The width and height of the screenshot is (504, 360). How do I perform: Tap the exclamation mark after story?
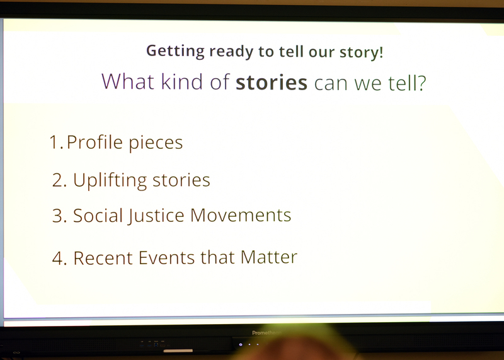[381, 52]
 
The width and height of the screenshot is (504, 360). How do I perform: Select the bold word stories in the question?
[272, 83]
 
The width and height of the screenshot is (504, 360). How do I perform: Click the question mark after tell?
[421, 83]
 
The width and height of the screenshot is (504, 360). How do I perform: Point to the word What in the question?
[128, 81]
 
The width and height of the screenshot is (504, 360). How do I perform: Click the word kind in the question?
[182, 81]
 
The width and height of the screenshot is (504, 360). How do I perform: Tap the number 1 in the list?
[55, 142]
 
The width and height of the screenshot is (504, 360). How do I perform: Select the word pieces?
[156, 144]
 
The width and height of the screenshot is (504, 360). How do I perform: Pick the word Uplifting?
[110, 180]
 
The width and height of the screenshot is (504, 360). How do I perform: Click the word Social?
[98, 215]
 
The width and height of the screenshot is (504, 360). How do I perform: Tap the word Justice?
[156, 216]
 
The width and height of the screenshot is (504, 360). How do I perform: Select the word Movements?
[241, 215]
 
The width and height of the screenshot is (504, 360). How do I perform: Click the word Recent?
[103, 258]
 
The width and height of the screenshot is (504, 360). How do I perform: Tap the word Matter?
[269, 257]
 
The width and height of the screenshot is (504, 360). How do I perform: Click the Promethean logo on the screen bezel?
[266, 333]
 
